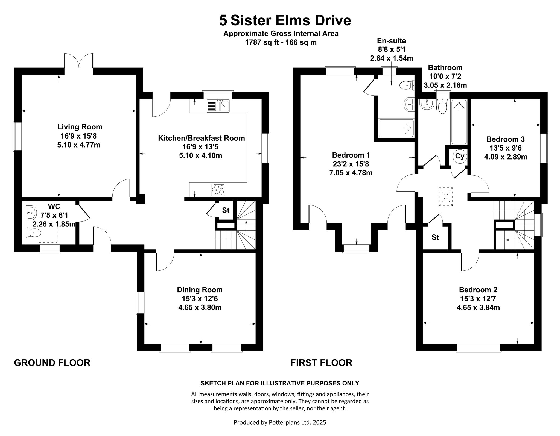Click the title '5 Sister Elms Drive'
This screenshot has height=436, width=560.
click(x=285, y=20)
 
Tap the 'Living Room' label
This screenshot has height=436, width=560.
click(x=80, y=127)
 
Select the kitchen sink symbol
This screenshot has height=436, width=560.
click(x=218, y=106)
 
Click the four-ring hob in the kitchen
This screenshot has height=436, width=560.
click(x=218, y=189)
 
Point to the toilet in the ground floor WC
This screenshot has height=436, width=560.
click(x=34, y=233)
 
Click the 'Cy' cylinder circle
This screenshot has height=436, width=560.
click(x=460, y=156)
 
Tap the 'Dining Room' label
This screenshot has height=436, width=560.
click(x=200, y=290)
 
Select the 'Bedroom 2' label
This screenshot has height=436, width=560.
click(x=478, y=290)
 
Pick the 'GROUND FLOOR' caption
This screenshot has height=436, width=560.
click(x=52, y=363)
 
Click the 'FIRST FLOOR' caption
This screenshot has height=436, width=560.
click(x=321, y=363)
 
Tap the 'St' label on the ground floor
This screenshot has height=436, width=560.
click(x=226, y=210)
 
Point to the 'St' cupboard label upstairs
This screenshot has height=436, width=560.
click(x=435, y=237)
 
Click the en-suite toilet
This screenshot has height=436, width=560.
click(x=407, y=86)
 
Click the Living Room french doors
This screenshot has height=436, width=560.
click(x=79, y=61)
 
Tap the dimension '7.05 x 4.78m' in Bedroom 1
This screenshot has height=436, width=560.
click(x=351, y=173)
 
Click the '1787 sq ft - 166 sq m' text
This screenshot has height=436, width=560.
click(x=281, y=42)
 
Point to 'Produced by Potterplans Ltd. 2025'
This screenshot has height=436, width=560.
click(x=280, y=422)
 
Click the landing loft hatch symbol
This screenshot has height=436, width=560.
click(x=446, y=197)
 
